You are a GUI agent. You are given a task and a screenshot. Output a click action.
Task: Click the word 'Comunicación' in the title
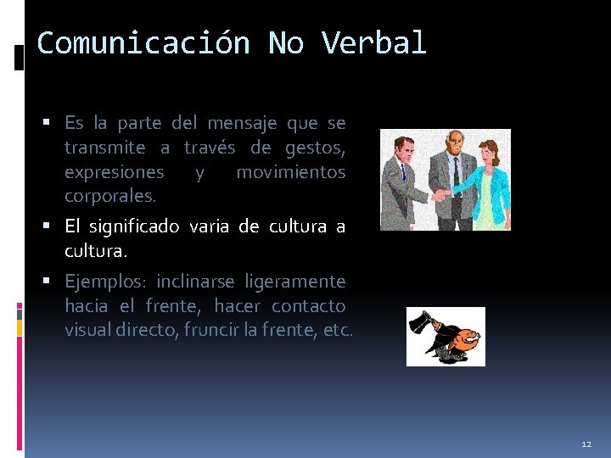coord(143,42)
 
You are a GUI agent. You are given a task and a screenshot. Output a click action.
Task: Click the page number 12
coord(586,444)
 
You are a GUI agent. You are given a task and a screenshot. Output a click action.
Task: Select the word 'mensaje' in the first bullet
coord(242,123)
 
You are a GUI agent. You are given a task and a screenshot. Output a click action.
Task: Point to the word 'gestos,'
coord(315,148)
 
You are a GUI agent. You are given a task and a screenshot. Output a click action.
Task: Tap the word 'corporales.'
coord(110,196)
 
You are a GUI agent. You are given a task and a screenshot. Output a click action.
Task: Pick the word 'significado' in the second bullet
coord(137,226)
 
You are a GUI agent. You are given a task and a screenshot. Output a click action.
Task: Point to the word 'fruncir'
coord(238,329)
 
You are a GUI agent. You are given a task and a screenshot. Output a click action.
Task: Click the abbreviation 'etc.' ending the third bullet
coord(337,329)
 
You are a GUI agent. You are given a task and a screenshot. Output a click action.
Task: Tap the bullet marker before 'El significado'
coord(53,226)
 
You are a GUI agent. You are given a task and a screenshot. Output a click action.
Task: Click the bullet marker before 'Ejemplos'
coord(53,281)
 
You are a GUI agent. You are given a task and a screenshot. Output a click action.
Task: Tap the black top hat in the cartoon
coord(422,323)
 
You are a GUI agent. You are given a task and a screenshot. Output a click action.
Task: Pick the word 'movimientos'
coord(291,172)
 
